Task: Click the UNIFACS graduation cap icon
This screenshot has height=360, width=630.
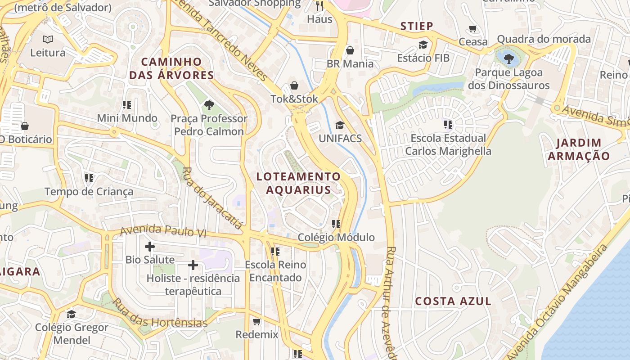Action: (340, 125)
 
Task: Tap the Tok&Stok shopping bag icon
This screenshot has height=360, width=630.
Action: (294, 85)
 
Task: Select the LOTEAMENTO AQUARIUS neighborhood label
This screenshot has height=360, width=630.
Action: (298, 183)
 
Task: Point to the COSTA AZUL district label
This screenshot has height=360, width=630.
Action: (453, 301)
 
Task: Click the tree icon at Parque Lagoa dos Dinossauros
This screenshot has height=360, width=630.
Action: (509, 58)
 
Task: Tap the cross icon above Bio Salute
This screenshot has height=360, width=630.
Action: (150, 247)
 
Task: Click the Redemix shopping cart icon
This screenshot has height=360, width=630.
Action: (256, 321)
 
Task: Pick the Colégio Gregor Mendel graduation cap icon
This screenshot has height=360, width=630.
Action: (71, 314)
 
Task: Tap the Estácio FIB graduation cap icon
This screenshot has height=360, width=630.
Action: (423, 45)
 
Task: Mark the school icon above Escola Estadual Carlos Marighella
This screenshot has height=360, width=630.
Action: (448, 124)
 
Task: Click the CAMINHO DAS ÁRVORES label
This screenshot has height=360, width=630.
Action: (171, 68)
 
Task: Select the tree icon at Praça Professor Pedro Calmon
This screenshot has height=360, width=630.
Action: (209, 105)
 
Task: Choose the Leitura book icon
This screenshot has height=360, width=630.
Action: (48, 40)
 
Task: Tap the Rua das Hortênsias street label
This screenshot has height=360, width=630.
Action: (160, 313)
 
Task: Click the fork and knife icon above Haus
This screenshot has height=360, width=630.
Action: (319, 6)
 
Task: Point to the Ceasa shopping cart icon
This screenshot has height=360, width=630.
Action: (472, 29)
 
